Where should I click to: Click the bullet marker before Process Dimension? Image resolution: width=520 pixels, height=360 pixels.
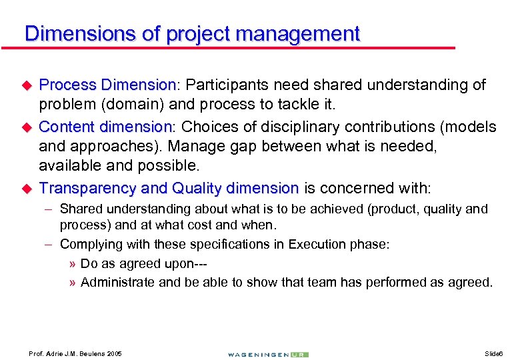tap(27, 86)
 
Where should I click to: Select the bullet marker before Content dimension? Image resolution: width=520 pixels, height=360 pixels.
tap(27, 127)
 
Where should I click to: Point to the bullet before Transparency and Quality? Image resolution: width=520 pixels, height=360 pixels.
tap(27, 189)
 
